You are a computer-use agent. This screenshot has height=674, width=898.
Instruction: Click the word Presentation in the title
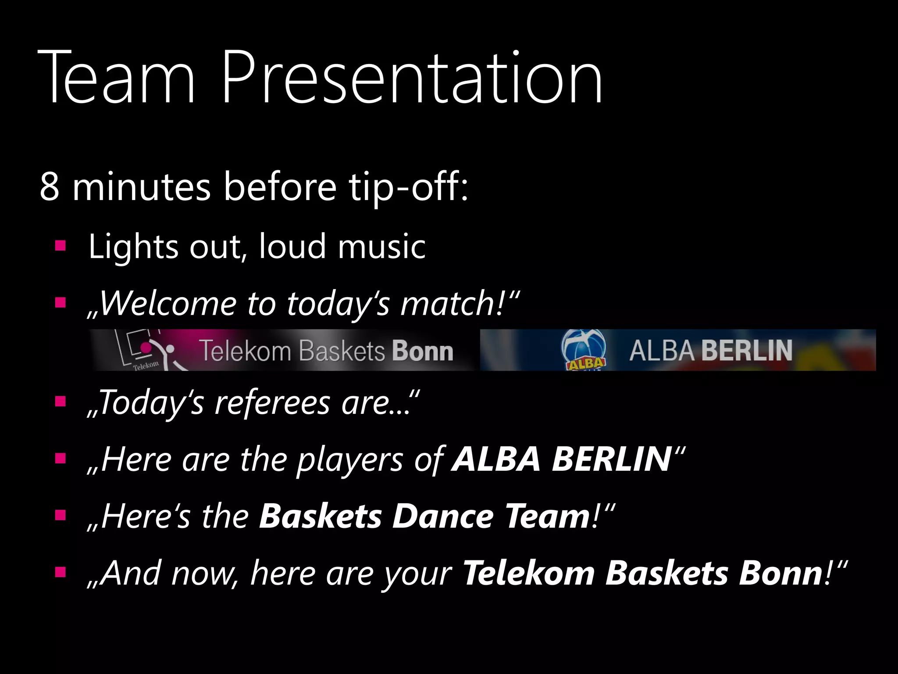click(412, 79)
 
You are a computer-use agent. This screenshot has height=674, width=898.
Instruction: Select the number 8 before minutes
click(49, 186)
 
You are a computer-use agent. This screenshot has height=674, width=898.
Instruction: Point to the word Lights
click(133, 247)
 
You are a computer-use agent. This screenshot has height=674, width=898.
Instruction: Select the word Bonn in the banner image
click(422, 351)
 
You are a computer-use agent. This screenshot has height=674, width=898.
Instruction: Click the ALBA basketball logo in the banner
click(584, 350)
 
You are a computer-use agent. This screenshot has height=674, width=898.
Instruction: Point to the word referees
click(272, 403)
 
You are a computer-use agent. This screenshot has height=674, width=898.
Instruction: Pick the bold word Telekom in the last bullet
click(529, 573)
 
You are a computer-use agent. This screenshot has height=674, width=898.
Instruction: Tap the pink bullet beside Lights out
click(60, 246)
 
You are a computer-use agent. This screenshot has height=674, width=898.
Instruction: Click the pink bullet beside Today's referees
click(60, 402)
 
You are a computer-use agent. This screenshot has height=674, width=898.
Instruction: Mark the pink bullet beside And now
click(60, 572)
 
